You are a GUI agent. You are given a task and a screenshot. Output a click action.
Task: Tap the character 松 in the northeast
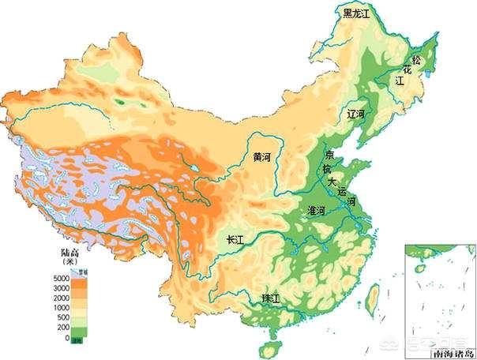[416, 60]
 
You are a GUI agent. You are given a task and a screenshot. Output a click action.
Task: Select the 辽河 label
[357, 114]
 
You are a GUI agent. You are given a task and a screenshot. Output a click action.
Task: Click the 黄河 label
[262, 157]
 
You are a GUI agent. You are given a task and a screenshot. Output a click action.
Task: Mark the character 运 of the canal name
[341, 192]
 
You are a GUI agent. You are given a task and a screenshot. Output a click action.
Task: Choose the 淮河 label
[316, 211]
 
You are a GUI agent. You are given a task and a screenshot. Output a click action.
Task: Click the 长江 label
[235, 240]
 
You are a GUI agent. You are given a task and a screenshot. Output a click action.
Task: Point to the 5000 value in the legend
[50, 279]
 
